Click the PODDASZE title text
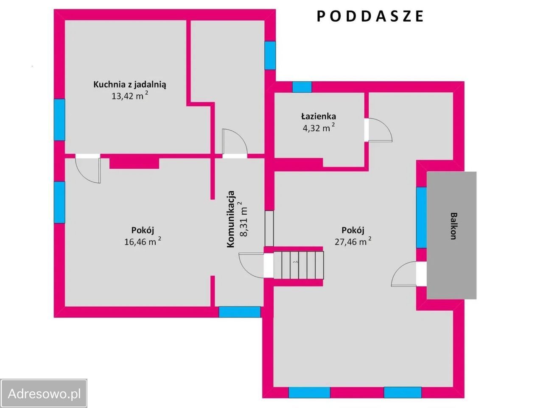[x=370, y=16]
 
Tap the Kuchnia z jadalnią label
[x=130, y=84]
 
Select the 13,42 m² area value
[x=129, y=96]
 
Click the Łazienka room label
[x=319, y=116]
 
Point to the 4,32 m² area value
[x=319, y=127]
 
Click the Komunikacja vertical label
[x=231, y=219]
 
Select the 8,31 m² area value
[x=244, y=219]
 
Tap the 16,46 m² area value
[x=142, y=242]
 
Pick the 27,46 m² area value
[x=353, y=242]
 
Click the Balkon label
[x=453, y=226]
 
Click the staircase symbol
[x=298, y=265]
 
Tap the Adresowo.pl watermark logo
[x=44, y=393]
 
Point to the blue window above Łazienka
[x=302, y=87]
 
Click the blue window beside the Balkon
[x=421, y=217]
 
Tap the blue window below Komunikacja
[x=240, y=312]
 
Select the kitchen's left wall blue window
[x=59, y=120]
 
